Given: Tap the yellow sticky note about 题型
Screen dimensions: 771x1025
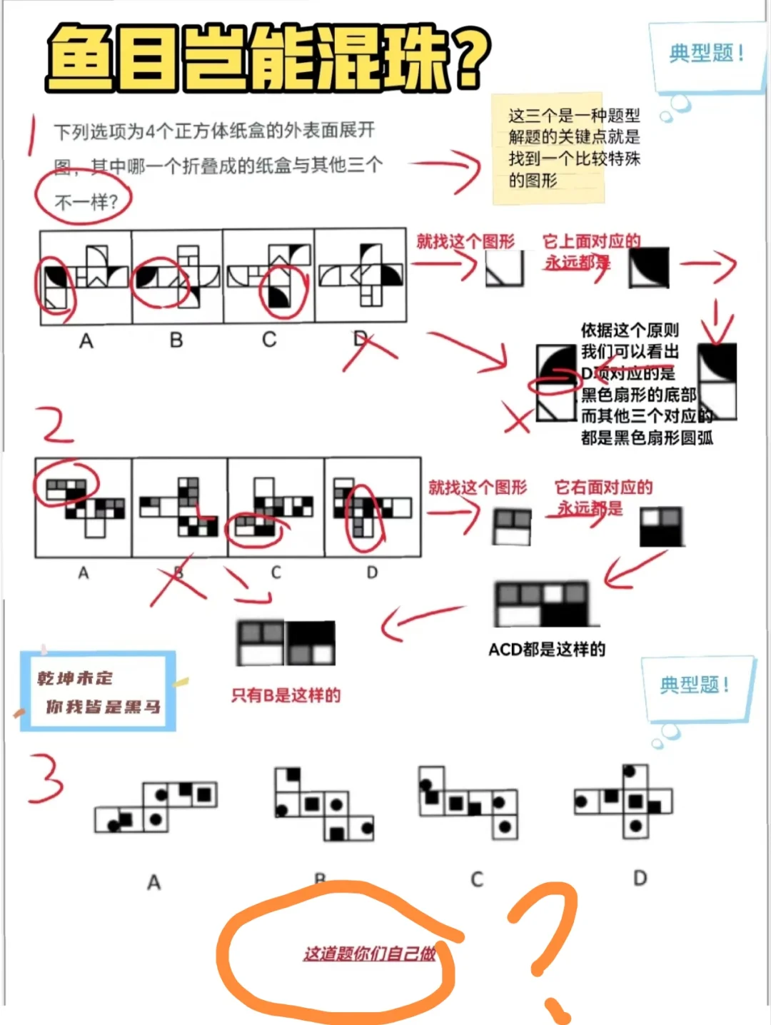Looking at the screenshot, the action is (x=548, y=148).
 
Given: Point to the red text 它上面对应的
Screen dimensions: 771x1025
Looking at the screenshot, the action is (x=591, y=241).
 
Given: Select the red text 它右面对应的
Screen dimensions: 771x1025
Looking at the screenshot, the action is (x=603, y=488).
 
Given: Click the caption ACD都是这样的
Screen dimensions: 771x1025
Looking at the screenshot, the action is (x=547, y=649).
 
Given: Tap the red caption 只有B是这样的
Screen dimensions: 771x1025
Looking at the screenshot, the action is (x=286, y=695).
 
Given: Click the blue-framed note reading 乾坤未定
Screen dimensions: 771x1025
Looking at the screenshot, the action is (x=99, y=691).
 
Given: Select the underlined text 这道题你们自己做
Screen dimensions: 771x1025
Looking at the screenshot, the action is (x=369, y=954).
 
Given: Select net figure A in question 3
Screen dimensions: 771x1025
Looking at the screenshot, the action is (x=156, y=807).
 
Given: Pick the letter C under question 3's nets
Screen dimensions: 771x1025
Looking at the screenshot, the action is (x=477, y=879).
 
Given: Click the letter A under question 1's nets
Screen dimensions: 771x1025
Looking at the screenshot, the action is (x=86, y=341).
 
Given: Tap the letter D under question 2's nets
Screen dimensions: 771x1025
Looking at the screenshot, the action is (x=372, y=572).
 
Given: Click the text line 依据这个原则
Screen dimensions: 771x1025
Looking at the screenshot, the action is (x=630, y=330).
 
